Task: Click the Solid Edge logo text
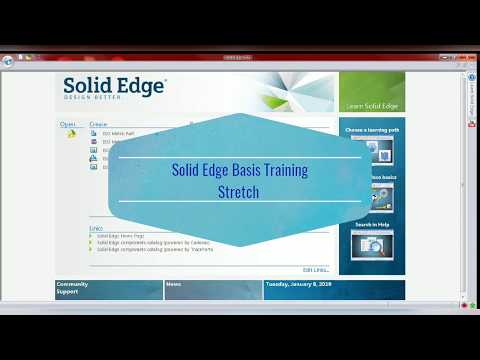[114, 86]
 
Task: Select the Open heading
[68, 124]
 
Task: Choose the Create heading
[98, 124]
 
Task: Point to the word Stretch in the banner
[238, 190]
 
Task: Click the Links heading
[96, 227]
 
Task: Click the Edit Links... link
[315, 270]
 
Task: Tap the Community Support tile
[108, 289]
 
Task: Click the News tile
[212, 289]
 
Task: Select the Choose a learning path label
[372, 130]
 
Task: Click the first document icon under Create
[93, 134]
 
